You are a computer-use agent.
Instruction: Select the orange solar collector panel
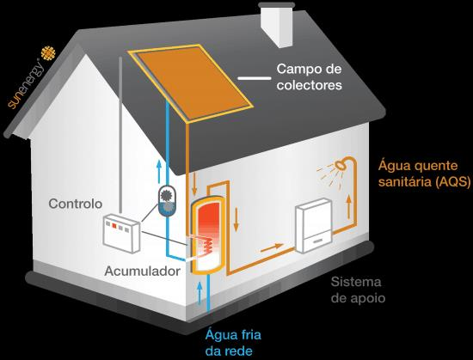tap(191, 82)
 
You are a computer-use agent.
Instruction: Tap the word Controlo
tap(76, 204)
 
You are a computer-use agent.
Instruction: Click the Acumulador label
tap(143, 272)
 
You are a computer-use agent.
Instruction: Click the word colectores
tap(310, 85)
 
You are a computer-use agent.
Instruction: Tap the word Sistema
tap(356, 282)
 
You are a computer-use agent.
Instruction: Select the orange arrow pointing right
tap(272, 247)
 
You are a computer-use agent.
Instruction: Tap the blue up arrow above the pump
tap(159, 172)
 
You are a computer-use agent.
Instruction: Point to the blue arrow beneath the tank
tap(200, 293)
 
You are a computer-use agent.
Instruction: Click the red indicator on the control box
tap(114, 225)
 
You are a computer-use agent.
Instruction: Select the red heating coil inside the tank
tap(207, 245)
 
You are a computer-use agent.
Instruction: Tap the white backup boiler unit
tap(313, 225)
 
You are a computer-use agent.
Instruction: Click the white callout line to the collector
tap(255, 78)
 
